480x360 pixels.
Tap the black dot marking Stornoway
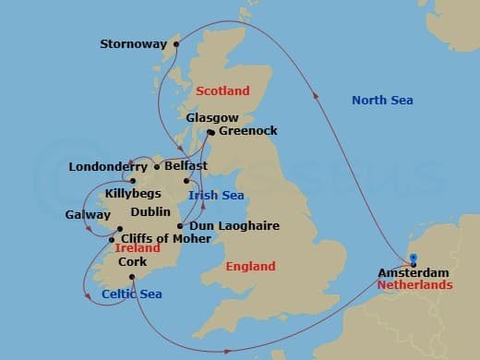(175, 42)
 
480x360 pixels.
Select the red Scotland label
(222, 90)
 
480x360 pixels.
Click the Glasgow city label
(212, 118)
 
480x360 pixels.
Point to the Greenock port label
(247, 132)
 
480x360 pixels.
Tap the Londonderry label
(108, 167)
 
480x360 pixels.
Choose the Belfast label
(186, 166)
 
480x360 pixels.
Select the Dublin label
(150, 212)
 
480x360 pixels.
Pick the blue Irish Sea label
(215, 196)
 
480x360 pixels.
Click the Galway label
(88, 214)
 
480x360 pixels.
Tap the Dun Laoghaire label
(234, 225)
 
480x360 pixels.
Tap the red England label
(250, 267)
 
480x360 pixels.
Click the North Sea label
(382, 100)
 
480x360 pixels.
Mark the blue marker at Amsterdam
(414, 259)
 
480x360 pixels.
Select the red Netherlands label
(414, 285)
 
